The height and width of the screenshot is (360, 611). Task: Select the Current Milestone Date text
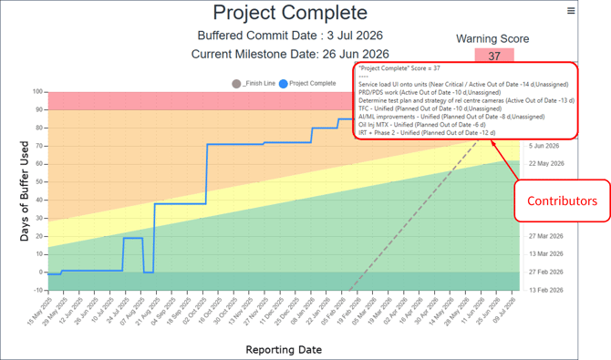290,55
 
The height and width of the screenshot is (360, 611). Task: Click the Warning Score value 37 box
494,57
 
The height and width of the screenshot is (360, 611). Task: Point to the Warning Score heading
494,39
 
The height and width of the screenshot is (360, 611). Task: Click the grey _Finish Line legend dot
237,84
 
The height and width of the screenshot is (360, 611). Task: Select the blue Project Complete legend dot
284,84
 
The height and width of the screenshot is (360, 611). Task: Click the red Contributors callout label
558,201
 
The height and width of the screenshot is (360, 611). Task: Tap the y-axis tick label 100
37,92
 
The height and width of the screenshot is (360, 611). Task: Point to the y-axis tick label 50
39,181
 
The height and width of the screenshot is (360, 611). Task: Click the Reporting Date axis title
284,349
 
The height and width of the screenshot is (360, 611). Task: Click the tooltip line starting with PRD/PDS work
416,91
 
